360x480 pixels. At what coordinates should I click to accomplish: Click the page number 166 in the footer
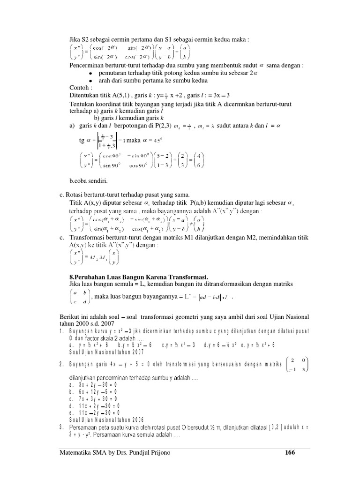pyautogui.click(x=291, y=453)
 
